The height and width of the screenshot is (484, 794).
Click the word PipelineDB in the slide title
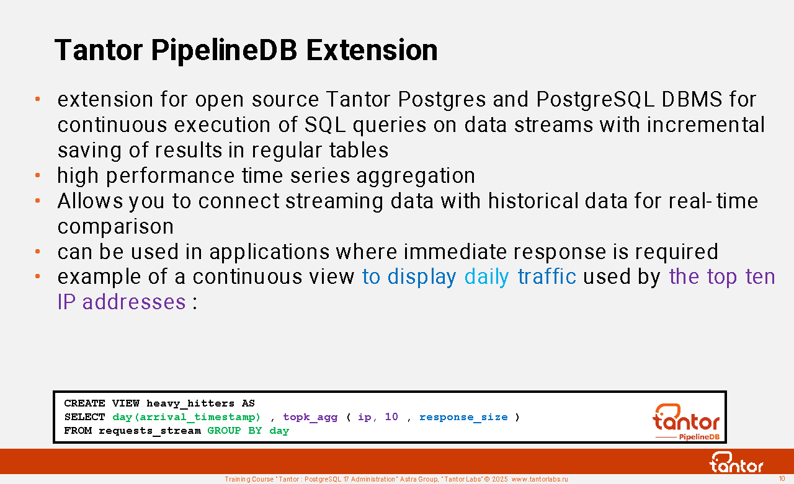pyautogui.click(x=224, y=51)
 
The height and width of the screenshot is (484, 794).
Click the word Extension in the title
pyautogui.click(x=372, y=50)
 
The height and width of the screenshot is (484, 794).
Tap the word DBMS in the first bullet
pyautogui.click(x=692, y=99)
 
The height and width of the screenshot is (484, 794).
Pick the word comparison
pyautogui.click(x=115, y=227)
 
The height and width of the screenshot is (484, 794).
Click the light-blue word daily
pyautogui.click(x=487, y=277)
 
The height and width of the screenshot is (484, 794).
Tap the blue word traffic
pyautogui.click(x=547, y=276)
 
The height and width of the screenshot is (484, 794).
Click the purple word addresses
pyautogui.click(x=134, y=302)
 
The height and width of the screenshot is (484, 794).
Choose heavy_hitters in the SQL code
pyautogui.click(x=190, y=403)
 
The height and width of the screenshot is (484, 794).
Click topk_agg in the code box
pyautogui.click(x=310, y=418)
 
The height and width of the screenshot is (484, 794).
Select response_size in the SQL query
pyautogui.click(x=463, y=418)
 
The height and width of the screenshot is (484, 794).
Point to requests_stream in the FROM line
pyautogui.click(x=149, y=431)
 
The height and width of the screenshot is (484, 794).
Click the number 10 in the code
pyautogui.click(x=391, y=417)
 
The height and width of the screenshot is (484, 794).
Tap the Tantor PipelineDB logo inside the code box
pyautogui.click(x=686, y=422)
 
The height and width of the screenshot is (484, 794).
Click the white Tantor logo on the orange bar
pyautogui.click(x=736, y=462)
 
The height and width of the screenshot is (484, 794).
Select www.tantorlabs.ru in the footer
pyautogui.click(x=540, y=480)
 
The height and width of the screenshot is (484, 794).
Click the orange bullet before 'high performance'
pyautogui.click(x=38, y=175)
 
